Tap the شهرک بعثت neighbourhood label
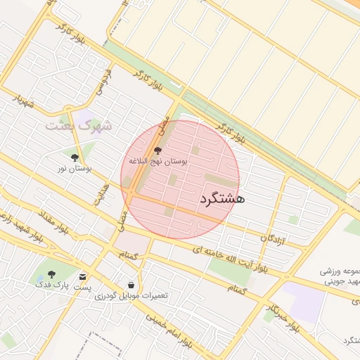point(79,126)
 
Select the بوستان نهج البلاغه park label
point(157,161)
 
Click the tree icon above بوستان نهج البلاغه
point(157,150)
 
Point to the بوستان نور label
point(75,168)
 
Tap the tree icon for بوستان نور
point(75,157)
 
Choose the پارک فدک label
point(51,285)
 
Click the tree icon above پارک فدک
point(51,274)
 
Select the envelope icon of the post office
point(83,276)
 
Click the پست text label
point(83,287)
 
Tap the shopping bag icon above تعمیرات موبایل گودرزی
point(132,285)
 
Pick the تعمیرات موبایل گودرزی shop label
point(131,296)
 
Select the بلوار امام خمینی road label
point(169,330)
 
